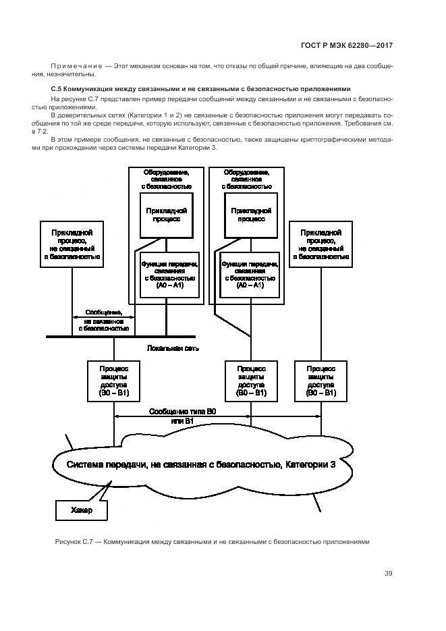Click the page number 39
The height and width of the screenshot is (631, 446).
(388, 574)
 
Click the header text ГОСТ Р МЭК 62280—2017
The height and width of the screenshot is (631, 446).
(346, 46)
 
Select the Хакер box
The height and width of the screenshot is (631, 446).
(80, 511)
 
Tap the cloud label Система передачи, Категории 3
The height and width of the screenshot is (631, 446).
(200, 465)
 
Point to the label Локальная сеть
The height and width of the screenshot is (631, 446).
(172, 348)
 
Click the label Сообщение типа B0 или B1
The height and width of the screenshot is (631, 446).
(182, 416)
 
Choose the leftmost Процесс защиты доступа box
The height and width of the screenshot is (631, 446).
(114, 381)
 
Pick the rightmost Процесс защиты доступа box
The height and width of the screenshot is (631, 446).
(321, 381)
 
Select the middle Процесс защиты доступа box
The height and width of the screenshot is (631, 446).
(251, 381)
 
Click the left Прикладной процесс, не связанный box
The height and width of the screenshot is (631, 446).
(72, 244)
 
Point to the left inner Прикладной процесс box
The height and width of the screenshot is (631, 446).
(166, 215)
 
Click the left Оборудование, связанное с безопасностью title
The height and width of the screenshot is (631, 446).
(166, 179)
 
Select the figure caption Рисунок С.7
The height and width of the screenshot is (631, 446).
(211, 542)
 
